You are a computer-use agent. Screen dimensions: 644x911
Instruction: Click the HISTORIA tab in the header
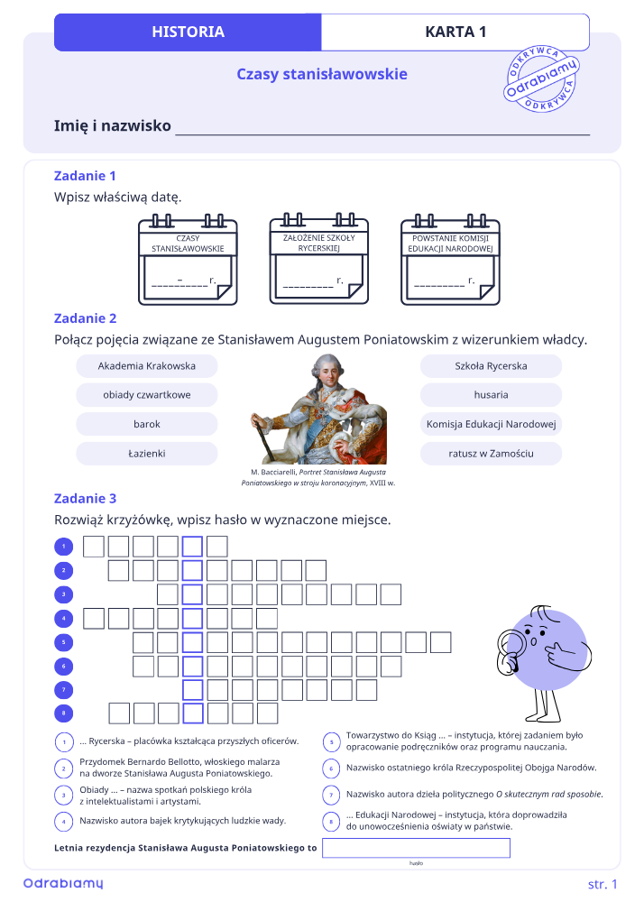pos(188,32)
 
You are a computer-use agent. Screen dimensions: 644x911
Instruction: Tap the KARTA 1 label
pos(455,32)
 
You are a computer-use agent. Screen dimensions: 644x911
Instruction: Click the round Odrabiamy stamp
pos(541,78)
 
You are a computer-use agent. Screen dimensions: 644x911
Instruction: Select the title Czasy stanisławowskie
pos(322,74)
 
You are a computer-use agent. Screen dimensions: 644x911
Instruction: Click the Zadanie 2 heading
pos(86,318)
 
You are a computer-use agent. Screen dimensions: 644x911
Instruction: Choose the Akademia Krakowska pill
pos(146,366)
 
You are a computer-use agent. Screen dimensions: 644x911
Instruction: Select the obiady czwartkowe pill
pos(146,395)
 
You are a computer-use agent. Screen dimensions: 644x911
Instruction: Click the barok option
pos(146,424)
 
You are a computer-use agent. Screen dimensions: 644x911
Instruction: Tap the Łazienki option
pos(146,454)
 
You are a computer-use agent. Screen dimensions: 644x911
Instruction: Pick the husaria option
pos(492,395)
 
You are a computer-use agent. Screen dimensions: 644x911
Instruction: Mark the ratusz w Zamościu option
pos(492,454)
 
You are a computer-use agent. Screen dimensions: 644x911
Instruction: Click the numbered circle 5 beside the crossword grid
pos(64,642)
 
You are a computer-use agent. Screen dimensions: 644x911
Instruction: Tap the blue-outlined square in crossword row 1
pos(192,547)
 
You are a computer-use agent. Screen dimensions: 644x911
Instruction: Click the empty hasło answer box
pos(416,848)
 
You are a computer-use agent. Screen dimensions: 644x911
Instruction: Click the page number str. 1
pos(603,884)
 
